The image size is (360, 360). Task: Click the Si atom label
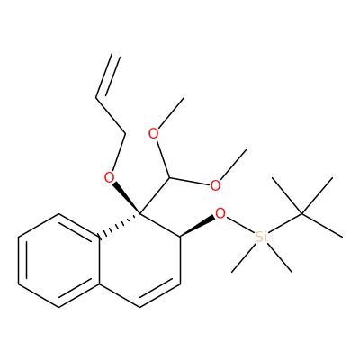261,237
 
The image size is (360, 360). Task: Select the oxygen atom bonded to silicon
220,213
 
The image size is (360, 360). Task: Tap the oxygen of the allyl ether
110,178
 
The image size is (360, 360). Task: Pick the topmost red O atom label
154,134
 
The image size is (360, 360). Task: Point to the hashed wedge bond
120,225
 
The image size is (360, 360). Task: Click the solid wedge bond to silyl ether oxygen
198,226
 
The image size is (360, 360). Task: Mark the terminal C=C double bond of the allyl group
108,76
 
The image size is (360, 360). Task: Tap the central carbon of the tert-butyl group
301,213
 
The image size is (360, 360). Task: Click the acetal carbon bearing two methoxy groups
169,178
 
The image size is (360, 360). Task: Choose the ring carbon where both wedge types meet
140,213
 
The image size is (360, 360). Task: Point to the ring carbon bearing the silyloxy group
181,237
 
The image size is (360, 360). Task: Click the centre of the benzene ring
58,260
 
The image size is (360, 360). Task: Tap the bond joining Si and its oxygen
240,225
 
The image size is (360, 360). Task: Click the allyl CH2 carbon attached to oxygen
125,134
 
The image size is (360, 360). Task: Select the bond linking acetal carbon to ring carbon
155,195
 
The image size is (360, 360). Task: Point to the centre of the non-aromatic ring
140,260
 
